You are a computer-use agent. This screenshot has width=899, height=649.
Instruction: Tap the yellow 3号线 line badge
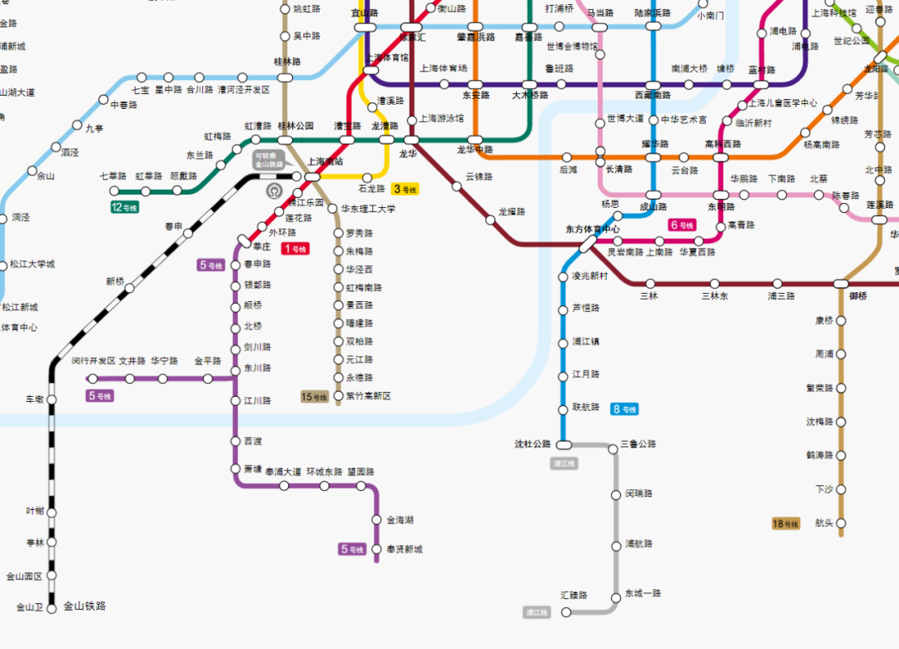(405, 189)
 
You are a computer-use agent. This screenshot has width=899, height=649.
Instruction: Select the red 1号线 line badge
(295, 249)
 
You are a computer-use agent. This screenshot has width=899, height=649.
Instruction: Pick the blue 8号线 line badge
(624, 409)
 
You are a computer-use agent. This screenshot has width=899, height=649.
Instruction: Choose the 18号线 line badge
(786, 523)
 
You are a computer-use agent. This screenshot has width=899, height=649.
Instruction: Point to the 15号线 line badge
(314, 397)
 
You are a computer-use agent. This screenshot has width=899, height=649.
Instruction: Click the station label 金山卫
(29, 607)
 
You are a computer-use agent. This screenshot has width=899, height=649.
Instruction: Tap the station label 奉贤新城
(405, 549)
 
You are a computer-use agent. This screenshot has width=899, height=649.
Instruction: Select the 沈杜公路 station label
(533, 444)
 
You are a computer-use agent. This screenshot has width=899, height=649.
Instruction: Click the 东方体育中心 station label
(593, 229)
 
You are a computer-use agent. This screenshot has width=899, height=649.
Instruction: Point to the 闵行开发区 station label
(93, 361)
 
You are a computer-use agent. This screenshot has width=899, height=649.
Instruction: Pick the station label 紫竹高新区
(368, 396)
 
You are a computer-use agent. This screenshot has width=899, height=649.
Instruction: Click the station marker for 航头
(841, 523)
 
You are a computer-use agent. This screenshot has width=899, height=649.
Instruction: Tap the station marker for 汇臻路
(566, 612)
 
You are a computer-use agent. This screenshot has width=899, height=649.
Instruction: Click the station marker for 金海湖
(377, 521)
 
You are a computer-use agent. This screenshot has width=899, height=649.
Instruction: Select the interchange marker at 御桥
(841, 284)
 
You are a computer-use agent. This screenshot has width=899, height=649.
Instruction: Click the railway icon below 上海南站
(274, 191)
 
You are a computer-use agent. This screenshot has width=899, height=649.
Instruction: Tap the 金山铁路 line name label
(85, 607)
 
